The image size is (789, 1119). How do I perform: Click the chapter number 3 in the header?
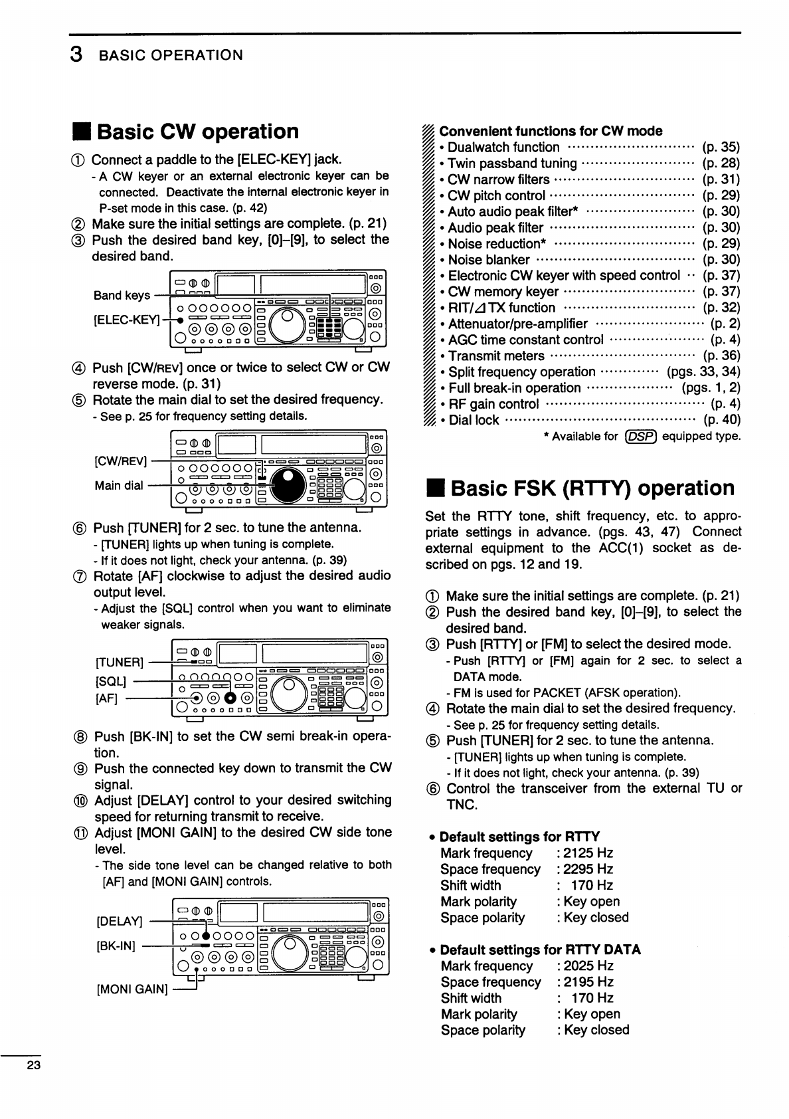point(76,54)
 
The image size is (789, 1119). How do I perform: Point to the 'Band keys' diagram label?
point(122,296)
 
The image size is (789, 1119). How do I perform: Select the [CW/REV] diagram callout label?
point(122,460)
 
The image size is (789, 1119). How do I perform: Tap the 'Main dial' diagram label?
point(118,485)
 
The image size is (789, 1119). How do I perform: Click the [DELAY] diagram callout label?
point(120,922)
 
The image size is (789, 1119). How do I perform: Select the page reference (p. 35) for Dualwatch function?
point(721,148)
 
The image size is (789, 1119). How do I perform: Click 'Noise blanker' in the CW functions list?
point(489,260)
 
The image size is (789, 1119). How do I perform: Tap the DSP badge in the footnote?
point(640,437)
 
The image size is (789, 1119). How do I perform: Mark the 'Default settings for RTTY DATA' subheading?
point(540,950)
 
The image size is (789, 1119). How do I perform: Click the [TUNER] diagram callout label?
point(120,662)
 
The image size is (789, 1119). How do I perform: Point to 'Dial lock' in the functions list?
point(474,420)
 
